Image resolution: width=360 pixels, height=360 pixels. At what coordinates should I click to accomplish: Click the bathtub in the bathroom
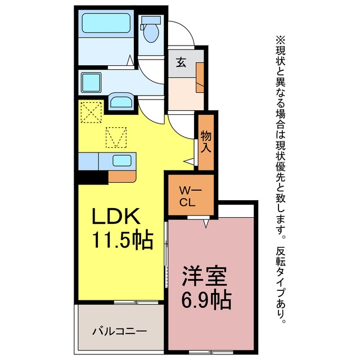pos(106,23)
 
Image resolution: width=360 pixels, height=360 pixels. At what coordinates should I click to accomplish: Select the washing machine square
pos(91,83)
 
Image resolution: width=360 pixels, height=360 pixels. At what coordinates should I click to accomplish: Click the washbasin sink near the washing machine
pos(121,101)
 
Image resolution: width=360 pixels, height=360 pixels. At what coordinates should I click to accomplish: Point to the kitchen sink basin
pos(122,160)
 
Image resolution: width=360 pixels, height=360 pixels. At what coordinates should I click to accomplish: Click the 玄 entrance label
pos(181,62)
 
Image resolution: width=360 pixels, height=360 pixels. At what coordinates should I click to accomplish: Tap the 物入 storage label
pos(206,142)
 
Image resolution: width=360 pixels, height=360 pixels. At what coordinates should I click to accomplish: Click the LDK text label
pos(116,216)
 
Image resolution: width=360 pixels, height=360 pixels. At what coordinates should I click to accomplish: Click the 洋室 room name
pos(205,276)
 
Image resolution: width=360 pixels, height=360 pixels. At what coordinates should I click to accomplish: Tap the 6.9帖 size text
pos(206,300)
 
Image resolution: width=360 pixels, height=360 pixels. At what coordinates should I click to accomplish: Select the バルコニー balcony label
pos(120,331)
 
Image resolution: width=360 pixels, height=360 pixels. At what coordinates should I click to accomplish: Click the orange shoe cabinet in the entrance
pos(200,78)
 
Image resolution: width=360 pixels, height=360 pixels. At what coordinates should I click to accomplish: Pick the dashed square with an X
pos(91,112)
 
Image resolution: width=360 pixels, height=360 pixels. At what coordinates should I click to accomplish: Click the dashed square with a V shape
pos(116,137)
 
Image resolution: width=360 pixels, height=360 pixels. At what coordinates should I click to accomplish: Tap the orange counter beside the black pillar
pos(122,177)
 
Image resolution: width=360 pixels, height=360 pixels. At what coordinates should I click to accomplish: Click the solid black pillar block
pos(91,178)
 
